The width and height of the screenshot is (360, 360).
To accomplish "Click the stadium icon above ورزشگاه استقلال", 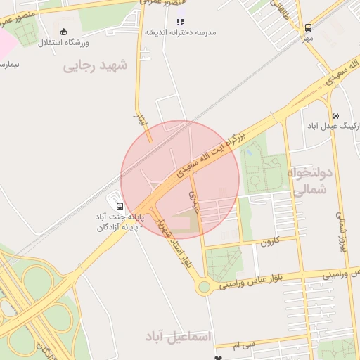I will (64, 32).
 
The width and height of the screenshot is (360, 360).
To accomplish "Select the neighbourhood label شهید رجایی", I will (96, 66).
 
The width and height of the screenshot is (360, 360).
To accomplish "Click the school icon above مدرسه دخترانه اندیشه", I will (181, 22).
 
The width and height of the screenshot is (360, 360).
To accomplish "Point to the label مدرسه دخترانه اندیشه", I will (181, 33).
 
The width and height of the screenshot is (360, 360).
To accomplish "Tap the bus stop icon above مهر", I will (308, 28).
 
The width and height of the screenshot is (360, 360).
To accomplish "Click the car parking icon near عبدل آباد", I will (335, 115).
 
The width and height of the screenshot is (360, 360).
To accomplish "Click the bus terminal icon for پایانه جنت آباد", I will (120, 207).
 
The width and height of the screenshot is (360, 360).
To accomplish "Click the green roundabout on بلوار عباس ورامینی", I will (204, 286).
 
